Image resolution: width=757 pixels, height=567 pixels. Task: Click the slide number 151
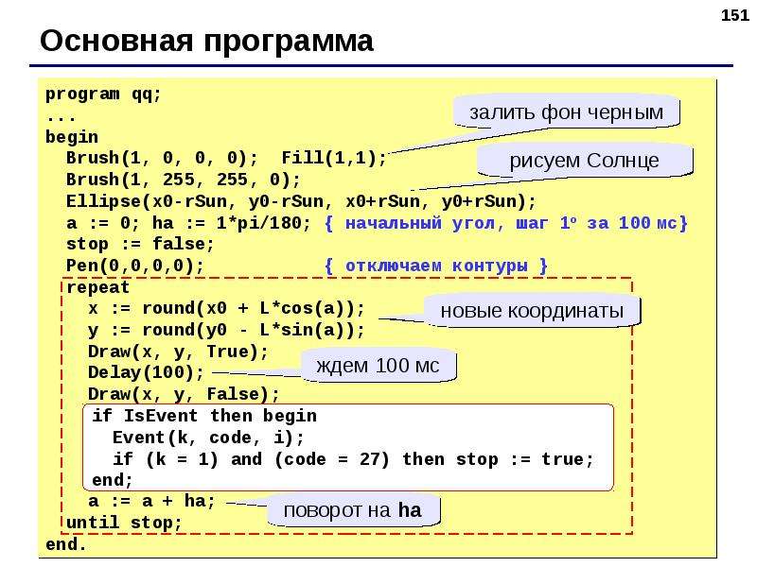tap(735, 15)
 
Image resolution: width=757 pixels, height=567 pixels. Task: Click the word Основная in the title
tap(116, 41)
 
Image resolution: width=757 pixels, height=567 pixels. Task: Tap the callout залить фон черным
tap(566, 112)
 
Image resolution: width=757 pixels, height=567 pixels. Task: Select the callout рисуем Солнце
tap(585, 160)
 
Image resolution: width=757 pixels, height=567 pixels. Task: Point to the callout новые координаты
tap(532, 311)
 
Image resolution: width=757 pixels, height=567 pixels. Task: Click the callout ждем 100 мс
tap(378, 366)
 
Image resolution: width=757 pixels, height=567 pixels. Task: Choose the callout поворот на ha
tap(353, 510)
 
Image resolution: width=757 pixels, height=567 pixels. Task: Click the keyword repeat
tap(98, 288)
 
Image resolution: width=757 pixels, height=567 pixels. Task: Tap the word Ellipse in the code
tap(104, 201)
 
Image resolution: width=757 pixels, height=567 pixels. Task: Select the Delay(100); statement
tap(147, 372)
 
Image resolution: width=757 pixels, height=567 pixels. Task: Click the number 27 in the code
tap(369, 459)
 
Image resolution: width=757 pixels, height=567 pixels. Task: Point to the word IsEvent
tap(161, 416)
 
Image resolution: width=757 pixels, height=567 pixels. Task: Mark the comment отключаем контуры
tap(436, 266)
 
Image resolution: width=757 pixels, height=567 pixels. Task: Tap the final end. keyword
tap(65, 544)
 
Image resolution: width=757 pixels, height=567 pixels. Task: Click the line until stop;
tap(124, 523)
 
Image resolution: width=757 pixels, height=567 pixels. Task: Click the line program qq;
tap(103, 94)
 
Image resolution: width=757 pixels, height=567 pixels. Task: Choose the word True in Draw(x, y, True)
tap(227, 352)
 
